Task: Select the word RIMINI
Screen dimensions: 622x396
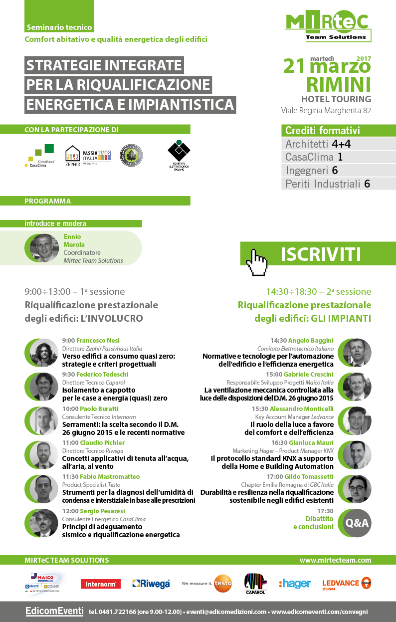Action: click(339, 83)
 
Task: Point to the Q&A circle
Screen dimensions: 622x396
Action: click(357, 523)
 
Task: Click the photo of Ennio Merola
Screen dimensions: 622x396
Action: click(44, 248)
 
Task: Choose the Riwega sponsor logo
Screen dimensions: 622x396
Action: click(151, 584)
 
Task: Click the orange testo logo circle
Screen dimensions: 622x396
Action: click(223, 584)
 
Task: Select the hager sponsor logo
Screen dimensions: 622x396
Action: click(295, 584)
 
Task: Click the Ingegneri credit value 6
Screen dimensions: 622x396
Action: click(335, 171)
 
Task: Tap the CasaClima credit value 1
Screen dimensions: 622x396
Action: click(339, 158)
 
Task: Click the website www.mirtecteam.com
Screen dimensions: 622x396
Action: click(335, 561)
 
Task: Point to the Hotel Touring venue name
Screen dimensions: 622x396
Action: click(336, 99)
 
